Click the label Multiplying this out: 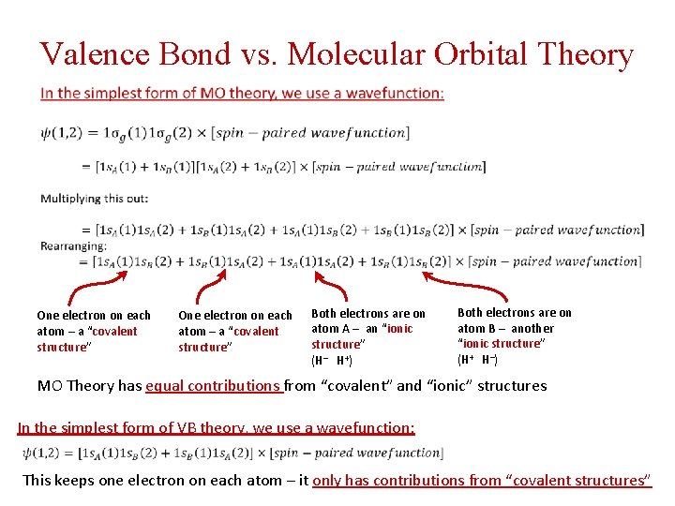click(x=94, y=199)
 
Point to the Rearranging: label click(x=74, y=246)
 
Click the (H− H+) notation click(x=332, y=360)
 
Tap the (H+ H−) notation click(x=478, y=359)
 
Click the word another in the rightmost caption click(x=532, y=328)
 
